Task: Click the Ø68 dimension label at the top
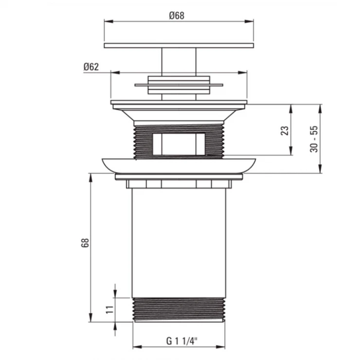[177, 16]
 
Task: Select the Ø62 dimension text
[91, 67]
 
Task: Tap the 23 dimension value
[285, 131]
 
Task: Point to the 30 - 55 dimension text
[314, 139]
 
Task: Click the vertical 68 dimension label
[85, 243]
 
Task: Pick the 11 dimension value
[109, 310]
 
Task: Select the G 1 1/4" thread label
[182, 341]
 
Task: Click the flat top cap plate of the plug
[179, 45]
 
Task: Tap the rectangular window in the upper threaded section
[179, 144]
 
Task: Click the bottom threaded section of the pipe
[179, 310]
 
